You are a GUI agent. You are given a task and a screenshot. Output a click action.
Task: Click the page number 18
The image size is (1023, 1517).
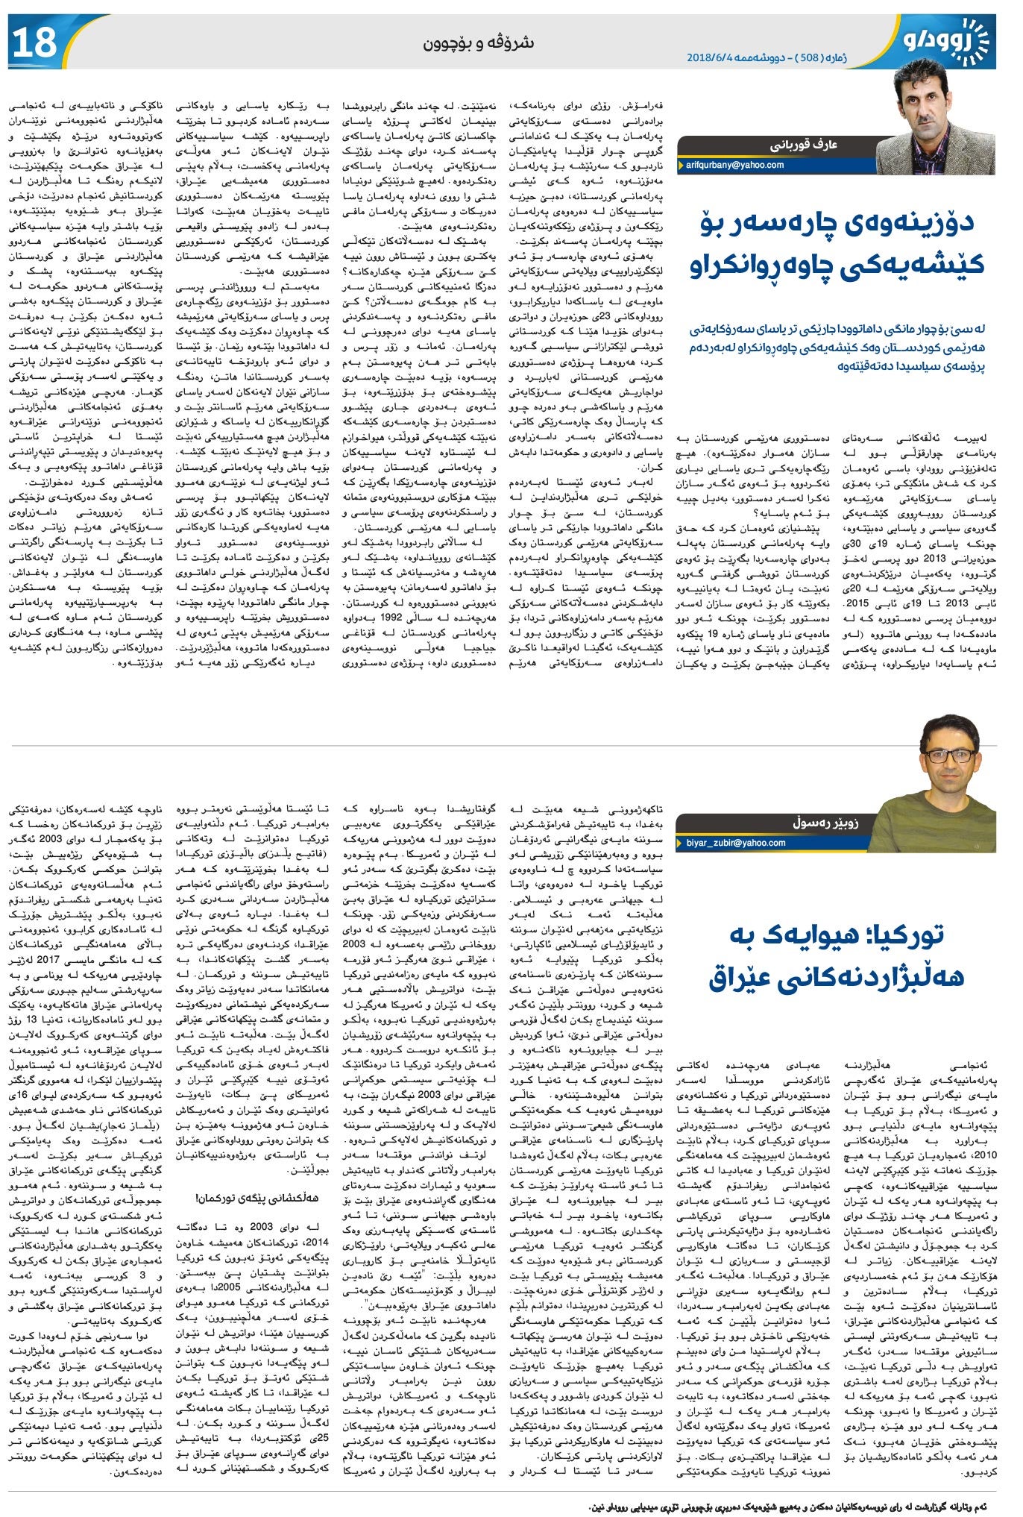pyautogui.click(x=34, y=43)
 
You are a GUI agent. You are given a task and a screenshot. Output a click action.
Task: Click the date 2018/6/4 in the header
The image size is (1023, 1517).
pyautogui.click(x=717, y=57)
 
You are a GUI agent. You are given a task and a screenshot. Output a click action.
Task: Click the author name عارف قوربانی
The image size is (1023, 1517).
pyautogui.click(x=802, y=145)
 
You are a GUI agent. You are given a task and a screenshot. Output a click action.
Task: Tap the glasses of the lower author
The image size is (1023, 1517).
pyautogui.click(x=948, y=755)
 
